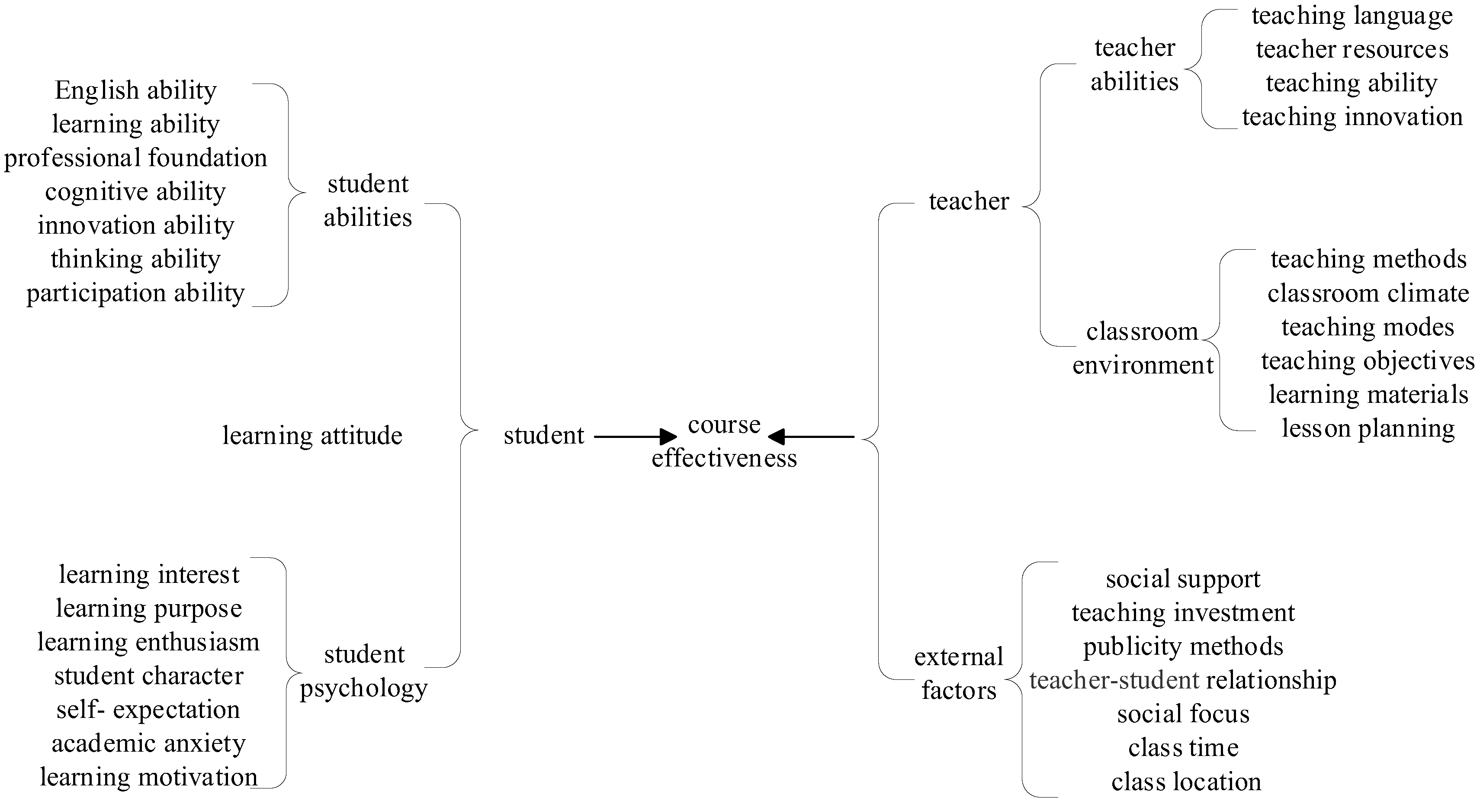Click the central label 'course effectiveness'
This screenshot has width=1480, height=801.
724,441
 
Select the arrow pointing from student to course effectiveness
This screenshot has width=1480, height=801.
635,437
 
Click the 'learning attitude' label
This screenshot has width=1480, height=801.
312,435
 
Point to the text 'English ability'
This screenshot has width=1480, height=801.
135,90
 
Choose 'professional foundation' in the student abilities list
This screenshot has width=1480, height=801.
135,158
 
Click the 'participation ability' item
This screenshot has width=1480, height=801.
135,293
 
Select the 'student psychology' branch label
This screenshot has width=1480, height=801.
364,671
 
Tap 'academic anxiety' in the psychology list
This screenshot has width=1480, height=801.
148,743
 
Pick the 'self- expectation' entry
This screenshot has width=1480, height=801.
148,710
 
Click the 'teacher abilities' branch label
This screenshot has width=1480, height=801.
1135,64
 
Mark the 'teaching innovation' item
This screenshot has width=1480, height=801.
1352,117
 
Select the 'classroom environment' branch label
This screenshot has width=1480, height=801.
1142,348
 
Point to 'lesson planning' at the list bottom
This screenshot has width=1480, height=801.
1368,429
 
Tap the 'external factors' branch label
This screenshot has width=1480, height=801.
958,673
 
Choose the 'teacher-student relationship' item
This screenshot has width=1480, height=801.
1182,680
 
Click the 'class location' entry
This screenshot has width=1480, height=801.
1186,782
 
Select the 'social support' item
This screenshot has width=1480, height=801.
1182,579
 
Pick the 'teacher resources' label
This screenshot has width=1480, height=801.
1352,49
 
